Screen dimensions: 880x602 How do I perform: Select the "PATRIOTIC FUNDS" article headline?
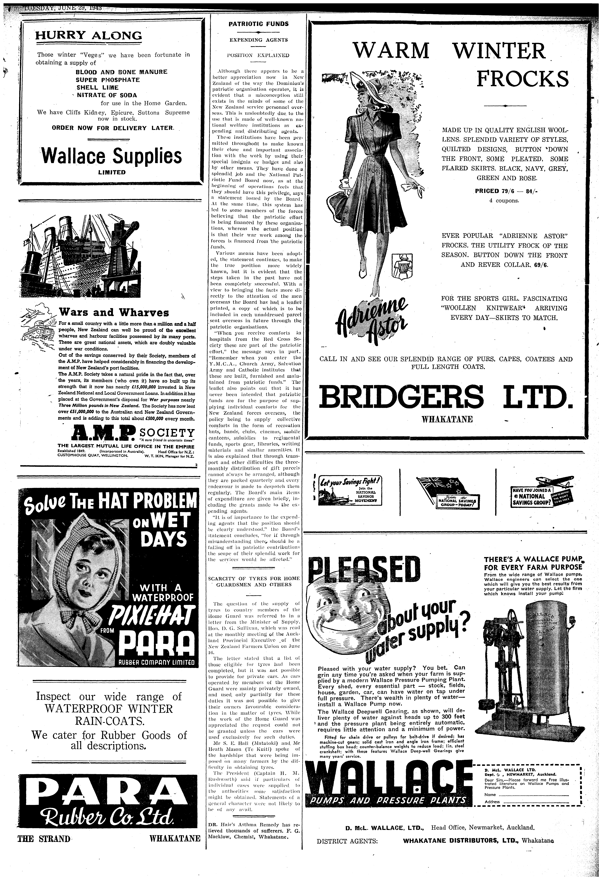259,24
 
